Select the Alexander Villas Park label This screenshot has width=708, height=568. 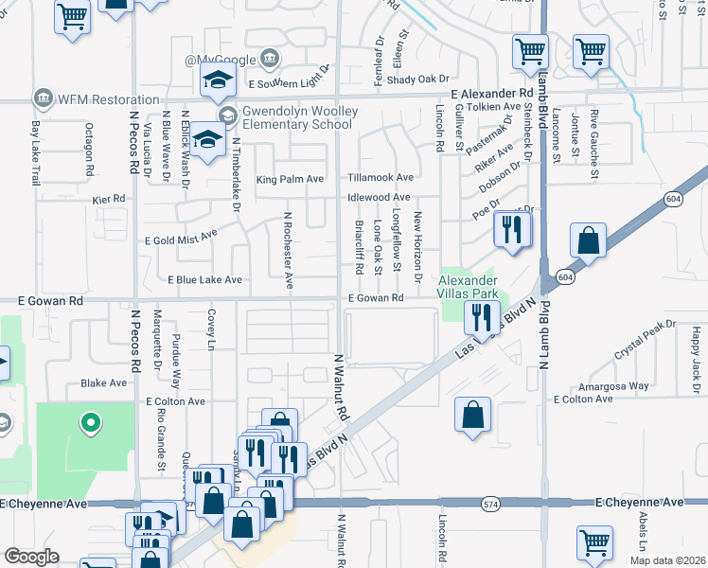point(467,287)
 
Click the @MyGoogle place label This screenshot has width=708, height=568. point(221,60)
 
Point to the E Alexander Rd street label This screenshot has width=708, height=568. point(492,95)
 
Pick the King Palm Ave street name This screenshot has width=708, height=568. point(290,178)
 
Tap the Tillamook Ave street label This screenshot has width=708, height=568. point(380,177)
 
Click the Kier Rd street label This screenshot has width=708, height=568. point(109,199)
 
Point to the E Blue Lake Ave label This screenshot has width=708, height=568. point(204,280)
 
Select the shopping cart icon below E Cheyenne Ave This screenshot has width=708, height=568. point(593,543)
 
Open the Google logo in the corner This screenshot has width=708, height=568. point(32,557)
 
